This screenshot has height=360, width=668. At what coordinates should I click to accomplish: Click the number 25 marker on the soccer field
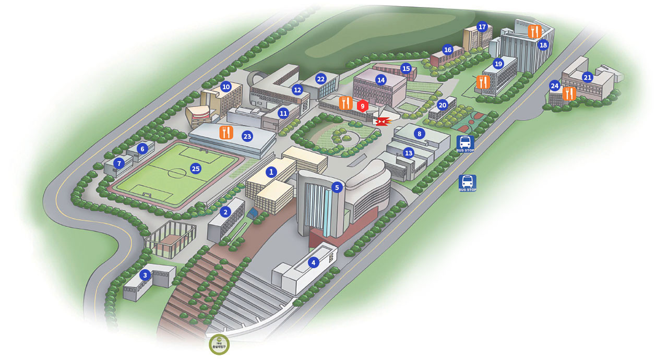tap(195, 169)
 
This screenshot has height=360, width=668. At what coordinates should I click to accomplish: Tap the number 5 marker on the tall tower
tap(337, 187)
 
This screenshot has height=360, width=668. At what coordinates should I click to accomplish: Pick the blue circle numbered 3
tap(145, 274)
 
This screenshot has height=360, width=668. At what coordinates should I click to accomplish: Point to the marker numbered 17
tap(482, 27)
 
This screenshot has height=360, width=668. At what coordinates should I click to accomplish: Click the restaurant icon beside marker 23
tap(226, 133)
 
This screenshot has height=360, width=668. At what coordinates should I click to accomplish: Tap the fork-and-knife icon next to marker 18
tap(533, 31)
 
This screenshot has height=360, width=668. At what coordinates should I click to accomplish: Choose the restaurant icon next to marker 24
tap(569, 94)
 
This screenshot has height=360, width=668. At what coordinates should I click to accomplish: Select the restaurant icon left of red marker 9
tap(345, 103)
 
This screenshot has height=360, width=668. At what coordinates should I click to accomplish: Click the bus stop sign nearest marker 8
tap(465, 142)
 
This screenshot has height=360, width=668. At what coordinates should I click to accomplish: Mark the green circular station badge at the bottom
tap(219, 344)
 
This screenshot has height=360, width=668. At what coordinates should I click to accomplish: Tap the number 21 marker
tap(588, 77)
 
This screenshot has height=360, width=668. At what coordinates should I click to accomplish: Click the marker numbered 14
tap(381, 80)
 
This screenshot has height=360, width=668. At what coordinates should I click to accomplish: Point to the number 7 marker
tap(119, 163)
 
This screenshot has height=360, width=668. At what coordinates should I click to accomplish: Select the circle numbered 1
tap(271, 171)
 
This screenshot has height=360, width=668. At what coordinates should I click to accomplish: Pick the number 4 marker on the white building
tap(313, 262)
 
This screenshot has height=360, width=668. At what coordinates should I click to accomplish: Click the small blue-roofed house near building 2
tap(254, 213)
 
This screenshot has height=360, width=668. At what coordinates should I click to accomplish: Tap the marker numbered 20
tap(443, 105)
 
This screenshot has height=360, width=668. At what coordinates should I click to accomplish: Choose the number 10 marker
tap(225, 87)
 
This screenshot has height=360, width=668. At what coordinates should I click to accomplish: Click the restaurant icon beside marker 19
tap(483, 82)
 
